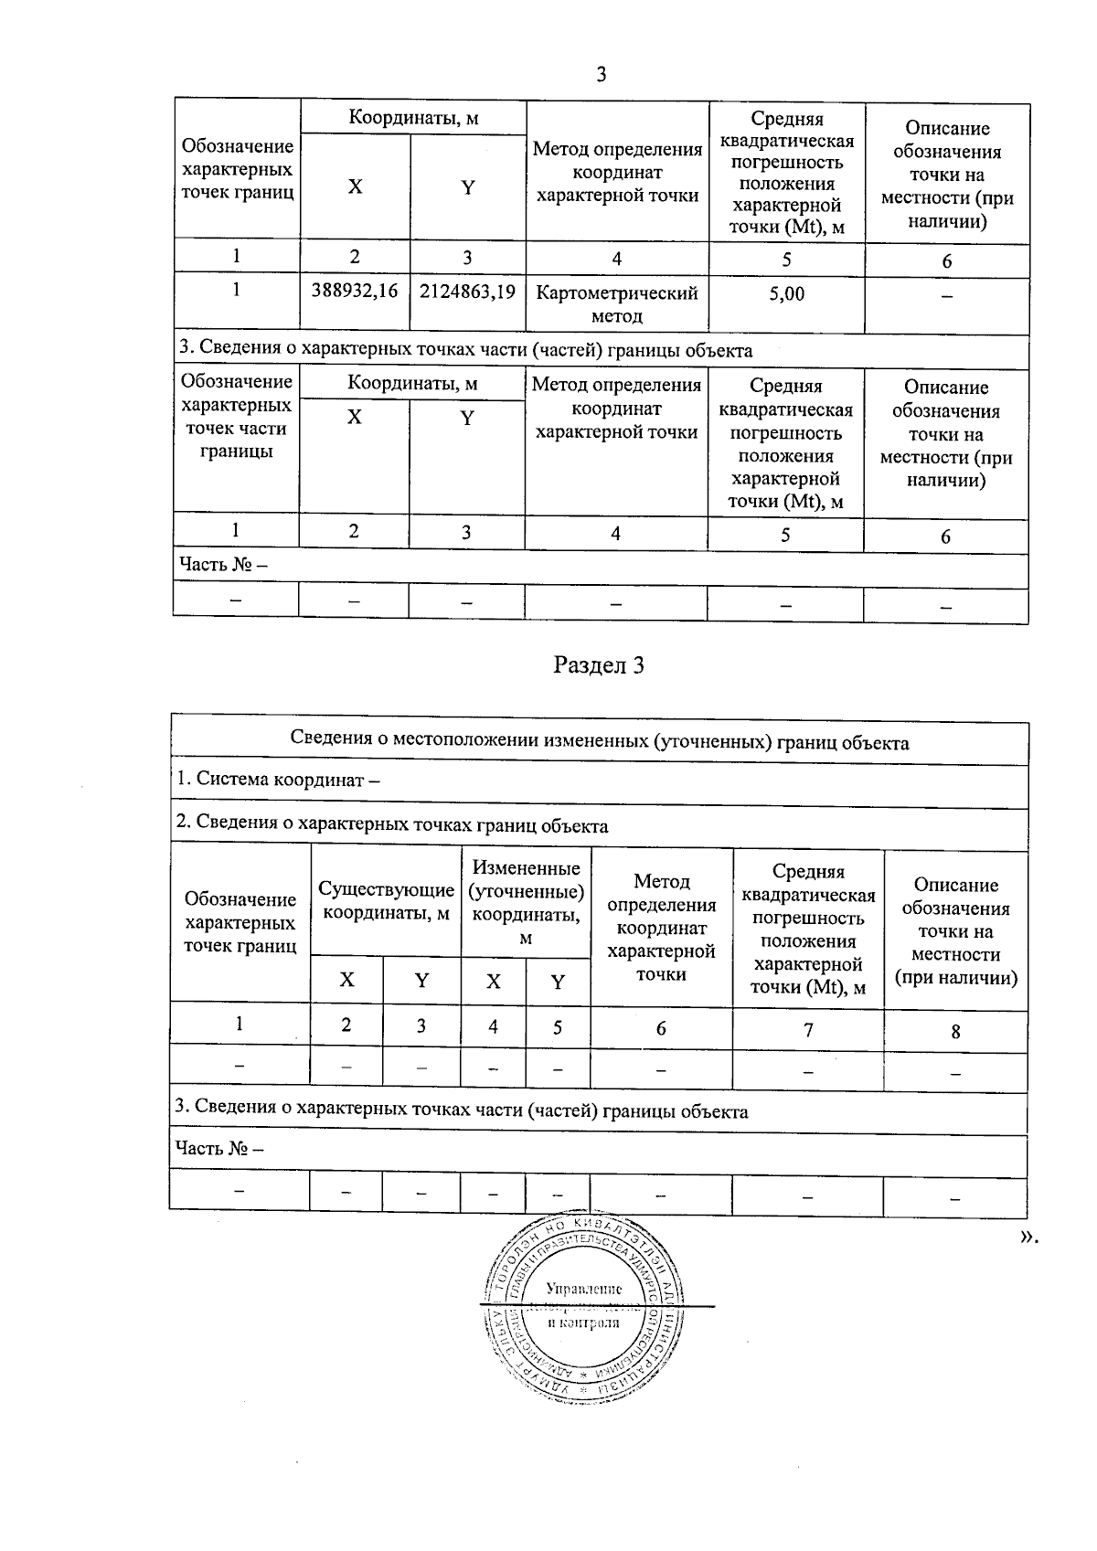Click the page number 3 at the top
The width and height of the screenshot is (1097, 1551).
601,74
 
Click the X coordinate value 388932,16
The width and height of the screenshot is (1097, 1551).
355,292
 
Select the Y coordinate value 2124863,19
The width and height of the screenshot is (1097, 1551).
467,292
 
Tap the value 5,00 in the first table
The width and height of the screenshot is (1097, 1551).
786,293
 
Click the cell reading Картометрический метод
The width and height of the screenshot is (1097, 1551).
617,304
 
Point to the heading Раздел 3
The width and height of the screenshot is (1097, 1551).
599,665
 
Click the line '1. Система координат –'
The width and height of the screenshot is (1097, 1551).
278,780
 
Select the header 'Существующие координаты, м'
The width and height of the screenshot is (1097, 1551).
386,901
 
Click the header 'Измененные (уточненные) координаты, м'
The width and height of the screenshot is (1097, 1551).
526,902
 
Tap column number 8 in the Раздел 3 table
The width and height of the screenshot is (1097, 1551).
955,1031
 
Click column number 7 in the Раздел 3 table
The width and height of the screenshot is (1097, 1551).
808,1030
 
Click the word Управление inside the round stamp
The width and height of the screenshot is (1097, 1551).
583,1288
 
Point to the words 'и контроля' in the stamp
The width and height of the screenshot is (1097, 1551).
582,1323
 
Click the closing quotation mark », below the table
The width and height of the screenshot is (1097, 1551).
1028,1237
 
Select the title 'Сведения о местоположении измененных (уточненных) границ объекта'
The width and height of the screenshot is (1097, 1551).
599,742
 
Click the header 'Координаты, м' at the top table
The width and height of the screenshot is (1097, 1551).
413,118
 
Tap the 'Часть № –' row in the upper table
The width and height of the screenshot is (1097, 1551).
224,565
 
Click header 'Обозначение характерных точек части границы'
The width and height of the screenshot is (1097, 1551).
236,416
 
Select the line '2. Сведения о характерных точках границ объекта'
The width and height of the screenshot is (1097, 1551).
392,826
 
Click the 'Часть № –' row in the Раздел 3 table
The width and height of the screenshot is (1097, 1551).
220,1149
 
